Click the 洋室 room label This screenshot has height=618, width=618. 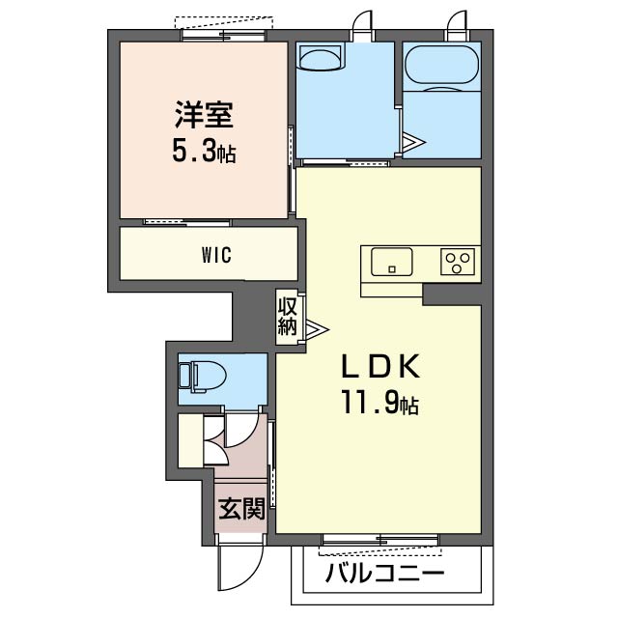(204, 115)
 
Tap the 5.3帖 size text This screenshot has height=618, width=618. (204, 152)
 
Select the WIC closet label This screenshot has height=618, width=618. (216, 255)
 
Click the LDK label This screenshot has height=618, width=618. (379, 366)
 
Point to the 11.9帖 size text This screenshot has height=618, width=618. (379, 403)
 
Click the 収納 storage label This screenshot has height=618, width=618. (287, 317)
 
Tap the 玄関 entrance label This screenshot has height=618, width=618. (241, 509)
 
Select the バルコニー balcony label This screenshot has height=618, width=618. (384, 573)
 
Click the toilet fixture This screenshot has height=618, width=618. (202, 378)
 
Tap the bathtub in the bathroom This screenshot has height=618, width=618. (442, 65)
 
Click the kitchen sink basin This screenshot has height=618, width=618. (392, 262)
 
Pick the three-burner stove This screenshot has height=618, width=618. (458, 262)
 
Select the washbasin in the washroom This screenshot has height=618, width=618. (321, 58)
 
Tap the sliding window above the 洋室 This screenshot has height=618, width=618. (224, 35)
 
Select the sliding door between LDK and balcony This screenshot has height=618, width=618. (380, 539)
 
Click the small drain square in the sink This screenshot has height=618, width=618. (392, 269)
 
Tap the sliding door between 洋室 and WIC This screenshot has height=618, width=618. (186, 223)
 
